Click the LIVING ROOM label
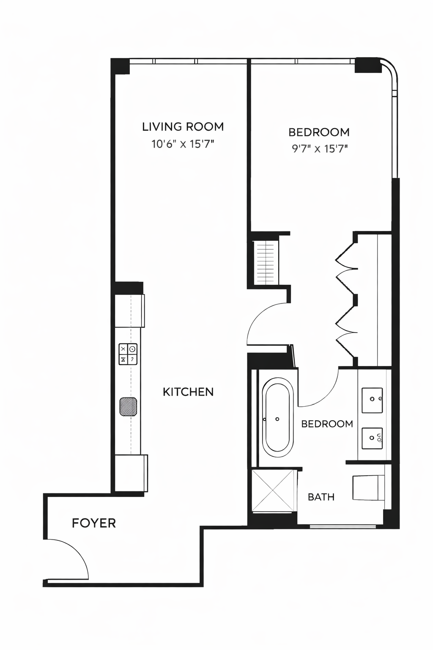tap(183, 127)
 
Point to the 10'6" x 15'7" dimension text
tap(183, 144)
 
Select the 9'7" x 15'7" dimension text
tap(319, 149)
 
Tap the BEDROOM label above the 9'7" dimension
tap(319, 132)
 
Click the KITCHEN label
tap(188, 392)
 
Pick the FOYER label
tap(94, 523)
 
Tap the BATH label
tap(321, 497)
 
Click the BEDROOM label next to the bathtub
tap(327, 424)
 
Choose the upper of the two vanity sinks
tap(373, 400)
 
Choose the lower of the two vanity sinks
tap(373, 438)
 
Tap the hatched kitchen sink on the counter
tap(128, 407)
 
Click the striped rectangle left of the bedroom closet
tap(266, 262)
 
